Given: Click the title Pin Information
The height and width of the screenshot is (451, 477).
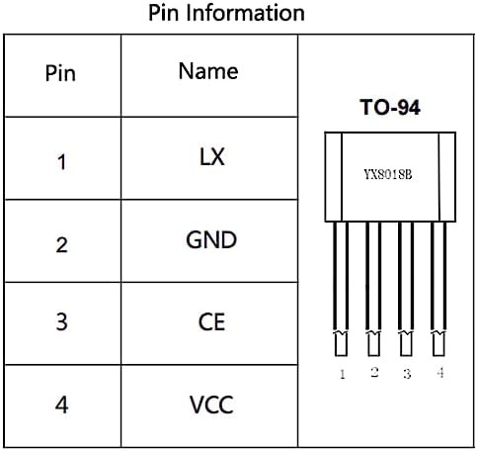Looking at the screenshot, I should pos(226,14).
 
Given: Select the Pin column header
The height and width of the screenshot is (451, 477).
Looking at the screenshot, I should pos(60,75).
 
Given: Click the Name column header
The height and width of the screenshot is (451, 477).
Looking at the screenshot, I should pos(208,71).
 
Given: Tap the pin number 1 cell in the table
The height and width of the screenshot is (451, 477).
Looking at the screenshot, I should pos(61,161).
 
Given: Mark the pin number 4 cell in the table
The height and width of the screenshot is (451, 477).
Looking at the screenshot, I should pos(61,406).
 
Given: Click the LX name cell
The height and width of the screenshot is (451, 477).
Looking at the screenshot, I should pos(211,157).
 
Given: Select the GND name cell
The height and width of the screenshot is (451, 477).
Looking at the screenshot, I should pos(211,240).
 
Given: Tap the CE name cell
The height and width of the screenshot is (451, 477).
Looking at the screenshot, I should pos(211,322).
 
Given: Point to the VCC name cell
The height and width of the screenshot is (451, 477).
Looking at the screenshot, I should pos(211,404).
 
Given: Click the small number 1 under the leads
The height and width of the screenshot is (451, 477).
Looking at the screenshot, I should pos(342,375).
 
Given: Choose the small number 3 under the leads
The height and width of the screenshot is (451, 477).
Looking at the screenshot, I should pos(406,375).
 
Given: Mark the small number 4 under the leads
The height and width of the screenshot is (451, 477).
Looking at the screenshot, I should pos(439,373).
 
